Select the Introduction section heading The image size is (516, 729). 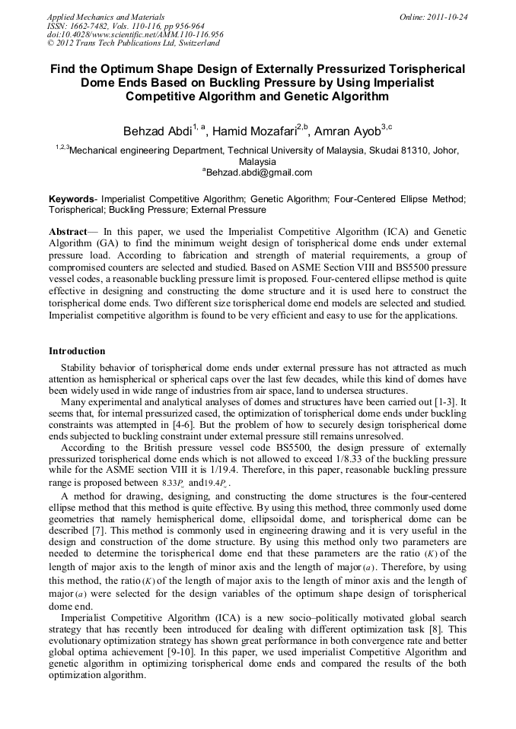[77, 351]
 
